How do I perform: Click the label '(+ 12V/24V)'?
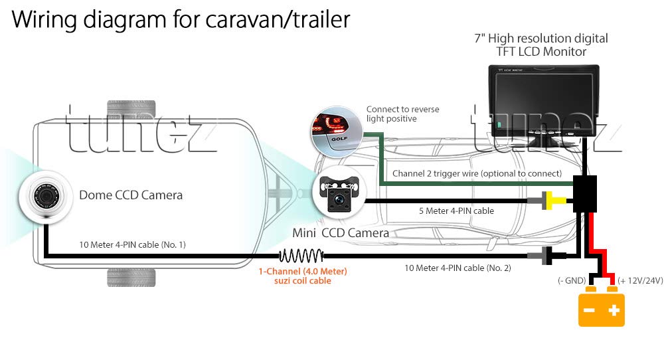point(639,281)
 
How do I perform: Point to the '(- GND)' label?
point(571,281)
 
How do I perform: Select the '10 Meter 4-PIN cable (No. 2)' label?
point(457,268)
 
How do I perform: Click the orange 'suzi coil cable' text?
point(303,281)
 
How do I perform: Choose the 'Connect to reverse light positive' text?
point(402,114)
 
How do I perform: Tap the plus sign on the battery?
point(615,310)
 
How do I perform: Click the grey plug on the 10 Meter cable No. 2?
point(538,255)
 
